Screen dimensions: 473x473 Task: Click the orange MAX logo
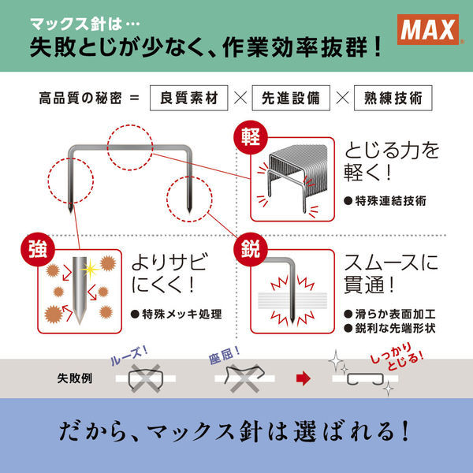[428, 30]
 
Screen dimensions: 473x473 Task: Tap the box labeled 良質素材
[189, 98]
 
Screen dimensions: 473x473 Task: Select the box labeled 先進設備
[291, 98]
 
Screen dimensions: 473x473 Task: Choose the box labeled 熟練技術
[393, 98]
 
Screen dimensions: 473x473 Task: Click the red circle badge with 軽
[251, 137]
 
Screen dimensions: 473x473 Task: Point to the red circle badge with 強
[38, 249]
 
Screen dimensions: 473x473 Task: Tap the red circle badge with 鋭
[251, 249]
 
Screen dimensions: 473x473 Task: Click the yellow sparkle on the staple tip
[90, 268]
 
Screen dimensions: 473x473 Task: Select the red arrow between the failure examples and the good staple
[304, 378]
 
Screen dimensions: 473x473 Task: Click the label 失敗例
[75, 378]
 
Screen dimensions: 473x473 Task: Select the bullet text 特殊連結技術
[385, 201]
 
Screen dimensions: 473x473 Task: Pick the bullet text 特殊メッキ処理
[177, 315]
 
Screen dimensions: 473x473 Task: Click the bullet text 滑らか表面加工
[389, 315]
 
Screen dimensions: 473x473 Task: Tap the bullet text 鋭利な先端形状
[389, 328]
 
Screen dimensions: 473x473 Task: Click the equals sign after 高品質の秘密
[135, 99]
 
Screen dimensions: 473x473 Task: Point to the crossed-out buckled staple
[244, 377]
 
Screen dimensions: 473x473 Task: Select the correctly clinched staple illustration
[365, 379]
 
